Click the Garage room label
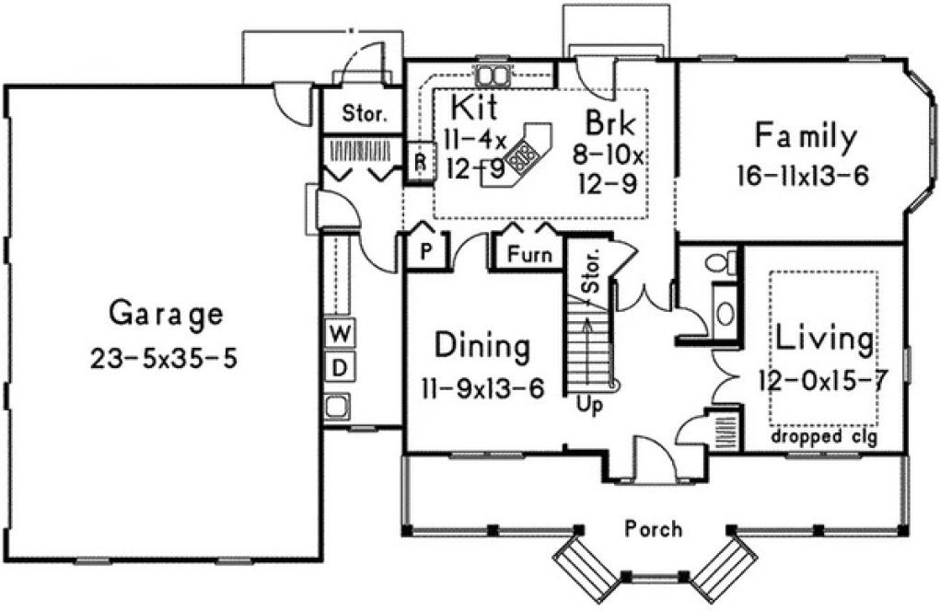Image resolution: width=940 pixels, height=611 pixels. point(166,315)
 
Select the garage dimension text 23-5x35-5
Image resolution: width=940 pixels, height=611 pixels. point(164,357)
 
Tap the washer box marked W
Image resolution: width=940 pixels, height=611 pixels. point(339,329)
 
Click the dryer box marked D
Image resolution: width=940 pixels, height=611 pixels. point(339,368)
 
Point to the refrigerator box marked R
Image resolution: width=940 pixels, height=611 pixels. point(420,161)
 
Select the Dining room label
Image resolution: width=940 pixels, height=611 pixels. point(482,348)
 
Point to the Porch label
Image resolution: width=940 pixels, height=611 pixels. point(654,529)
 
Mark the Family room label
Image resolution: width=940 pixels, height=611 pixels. point(806,137)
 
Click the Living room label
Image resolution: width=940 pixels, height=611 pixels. point(824,340)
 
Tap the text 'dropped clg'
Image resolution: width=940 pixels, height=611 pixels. point(824,437)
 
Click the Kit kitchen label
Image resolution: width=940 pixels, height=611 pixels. point(474,108)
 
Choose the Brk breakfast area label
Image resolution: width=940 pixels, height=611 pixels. point(610,122)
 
